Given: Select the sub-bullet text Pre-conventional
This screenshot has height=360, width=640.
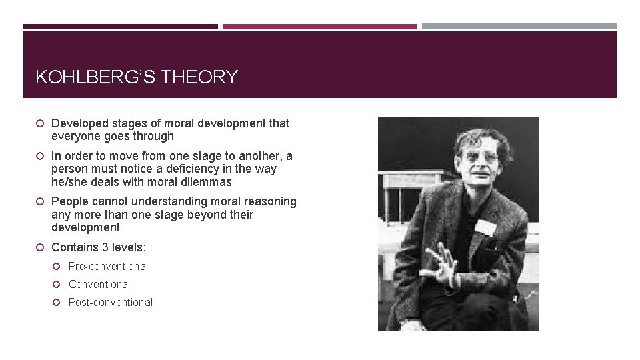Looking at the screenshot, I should click(x=108, y=266).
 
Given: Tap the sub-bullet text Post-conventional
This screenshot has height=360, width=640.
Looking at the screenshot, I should click(x=111, y=302).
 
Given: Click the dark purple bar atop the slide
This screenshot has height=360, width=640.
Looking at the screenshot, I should click(x=120, y=27).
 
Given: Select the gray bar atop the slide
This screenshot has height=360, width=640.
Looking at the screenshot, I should click(x=519, y=27).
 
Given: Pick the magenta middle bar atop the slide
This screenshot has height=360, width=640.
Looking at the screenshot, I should click(x=319, y=27).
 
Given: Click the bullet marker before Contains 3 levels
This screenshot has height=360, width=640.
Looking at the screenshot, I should click(x=41, y=247).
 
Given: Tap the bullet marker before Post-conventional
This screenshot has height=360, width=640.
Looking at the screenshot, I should click(x=58, y=303).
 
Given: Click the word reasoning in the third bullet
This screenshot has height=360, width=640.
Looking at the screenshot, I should click(x=271, y=201).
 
